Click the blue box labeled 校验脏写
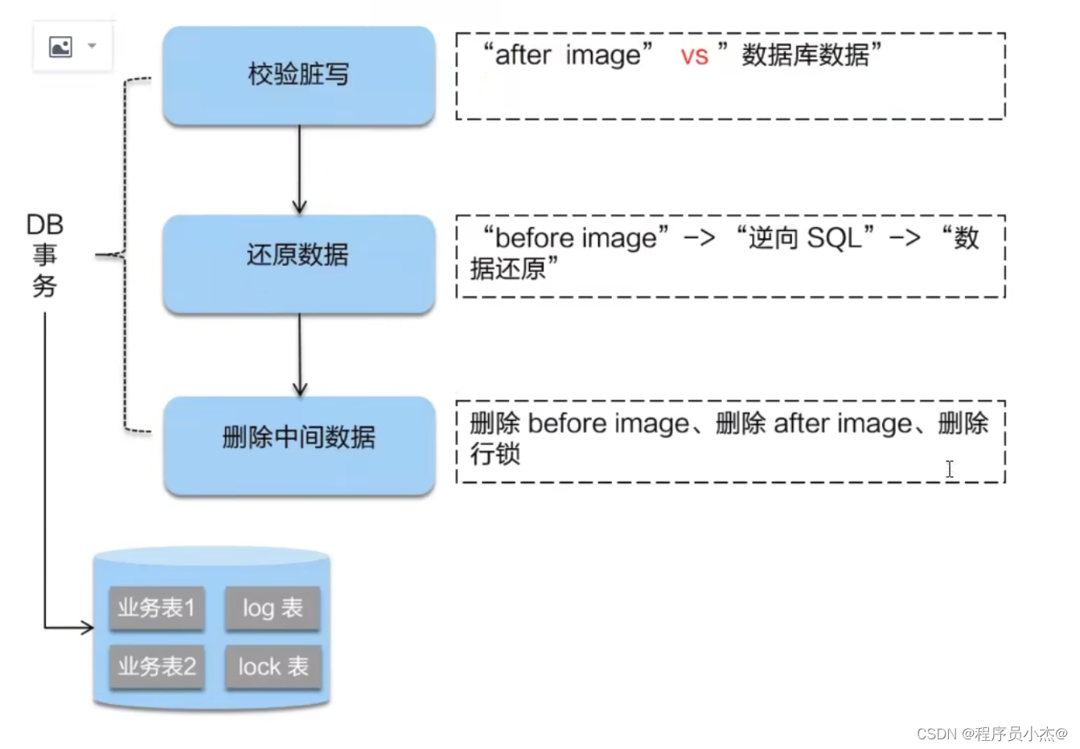coord(298,76)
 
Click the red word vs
coord(694,56)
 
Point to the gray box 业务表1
coord(157,608)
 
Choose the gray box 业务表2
coord(157,667)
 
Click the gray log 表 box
coord(273,608)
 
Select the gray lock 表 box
coord(273,667)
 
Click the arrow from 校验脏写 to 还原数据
coord(299,169)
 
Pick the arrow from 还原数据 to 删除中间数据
coord(299,354)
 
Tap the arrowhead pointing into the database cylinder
coord(87,627)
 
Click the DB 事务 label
coord(45,255)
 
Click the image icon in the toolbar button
coord(61,47)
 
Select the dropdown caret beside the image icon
coord(92,46)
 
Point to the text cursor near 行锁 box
coord(950,469)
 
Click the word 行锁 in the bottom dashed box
coord(495,455)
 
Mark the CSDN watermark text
coord(992,733)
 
